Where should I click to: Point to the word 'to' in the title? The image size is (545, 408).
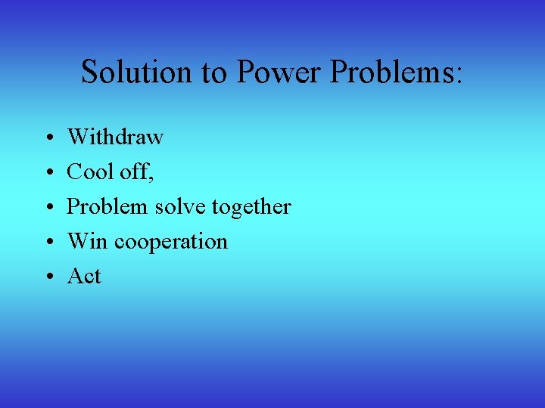click(x=213, y=73)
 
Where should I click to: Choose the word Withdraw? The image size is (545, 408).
click(x=115, y=137)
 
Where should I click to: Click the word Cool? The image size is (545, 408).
click(x=89, y=172)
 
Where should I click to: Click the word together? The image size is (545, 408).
click(x=252, y=207)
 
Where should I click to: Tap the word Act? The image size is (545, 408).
click(x=84, y=276)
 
